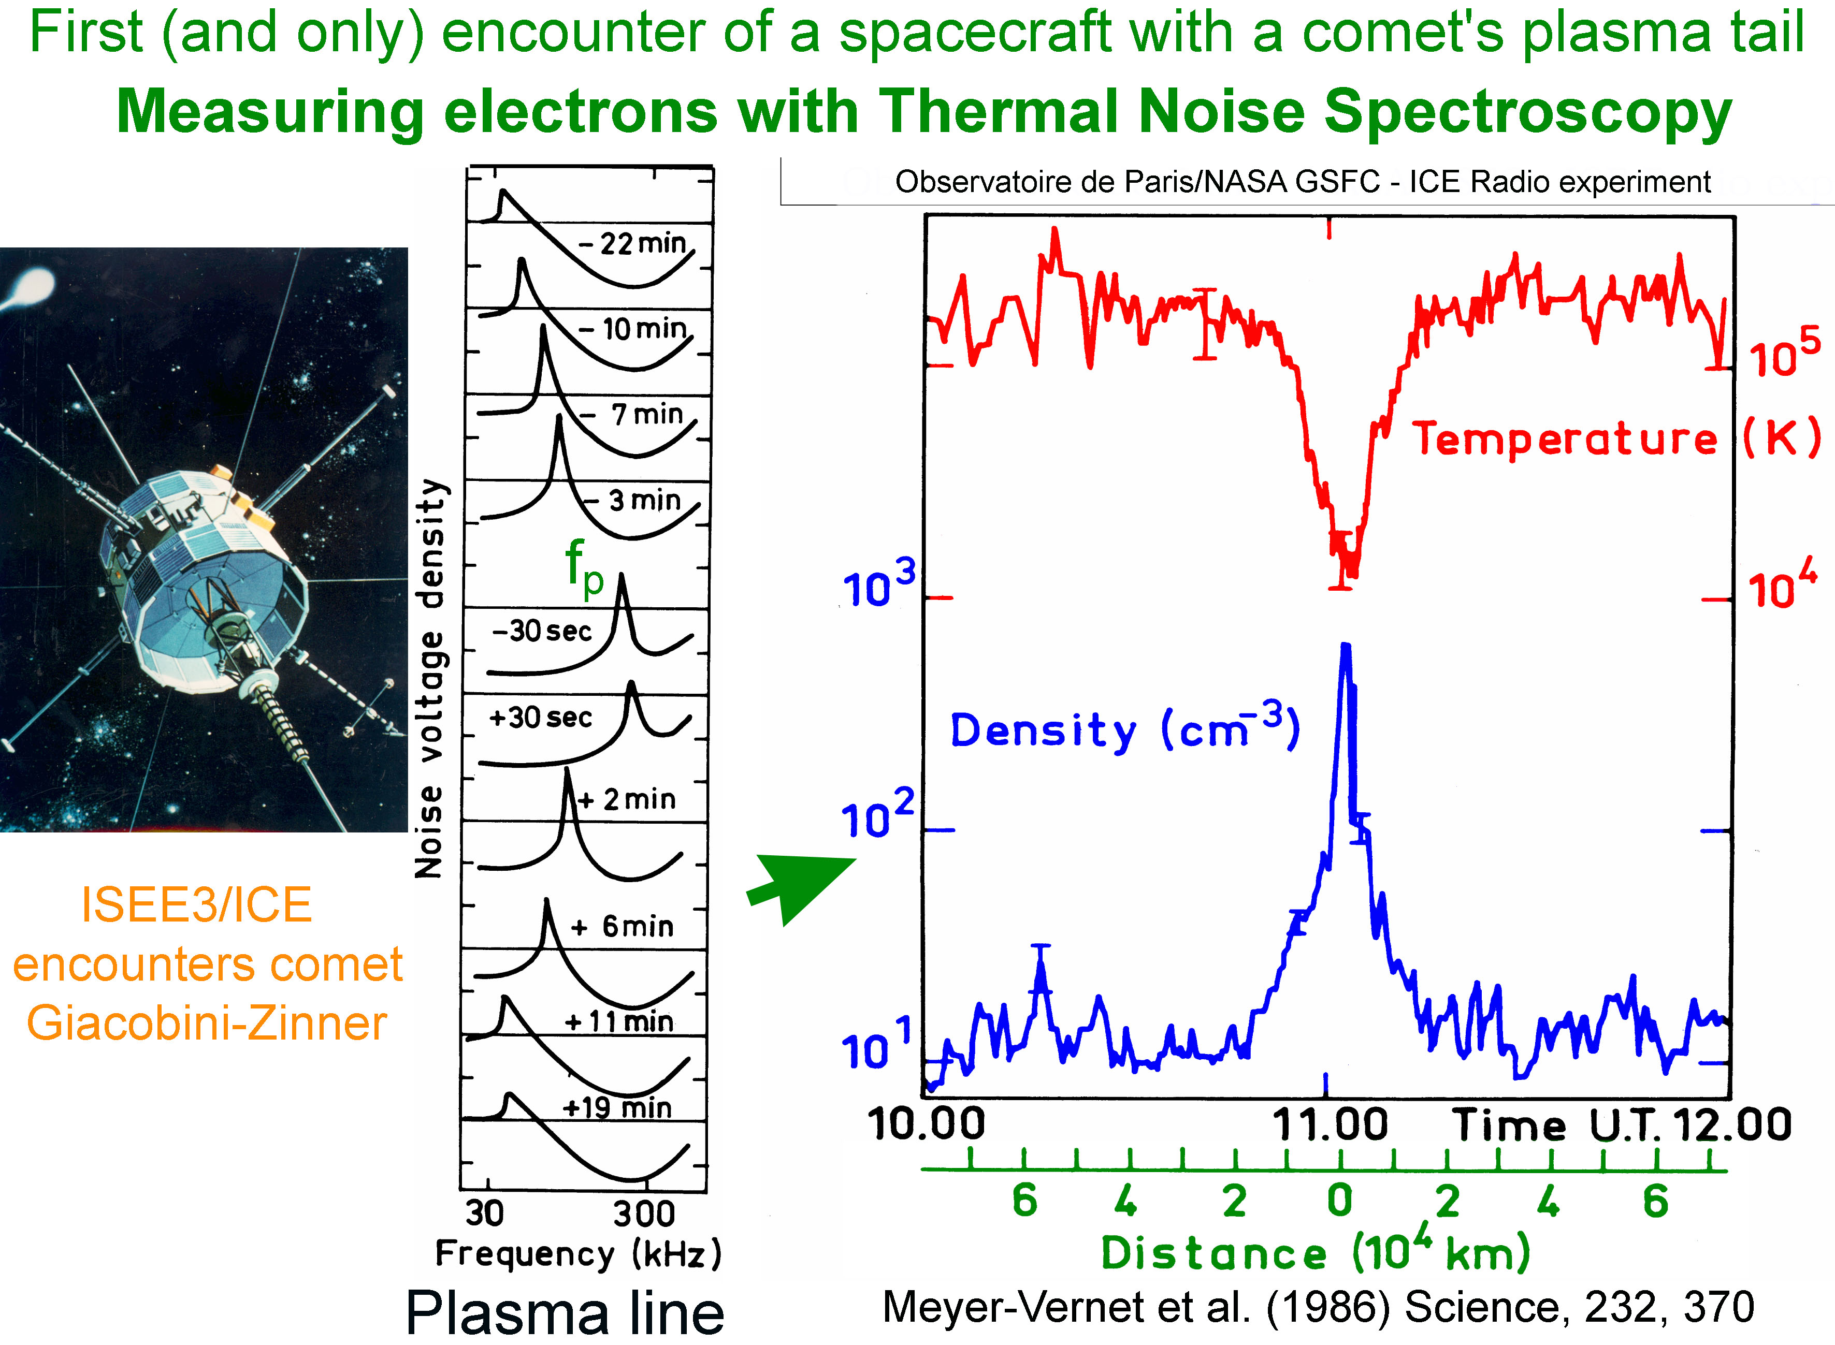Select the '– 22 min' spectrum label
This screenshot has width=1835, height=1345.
point(633,243)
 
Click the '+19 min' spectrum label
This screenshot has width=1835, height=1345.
point(617,1107)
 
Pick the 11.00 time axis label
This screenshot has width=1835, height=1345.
point(1329,1125)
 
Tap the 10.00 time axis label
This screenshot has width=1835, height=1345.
point(926,1125)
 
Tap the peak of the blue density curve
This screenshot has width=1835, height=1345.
point(1345,646)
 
